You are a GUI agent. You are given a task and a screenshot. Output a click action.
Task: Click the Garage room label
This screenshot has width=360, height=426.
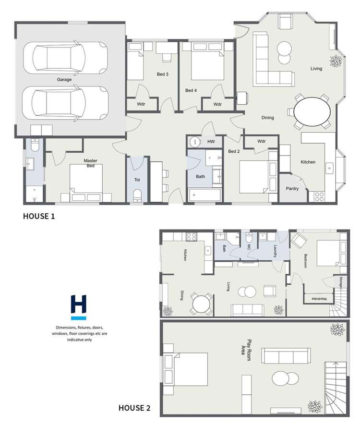tap(64, 79)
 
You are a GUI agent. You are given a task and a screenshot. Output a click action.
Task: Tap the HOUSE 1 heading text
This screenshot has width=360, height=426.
tap(39, 216)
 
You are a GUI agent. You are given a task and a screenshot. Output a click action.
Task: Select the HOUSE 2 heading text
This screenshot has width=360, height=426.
tap(134, 408)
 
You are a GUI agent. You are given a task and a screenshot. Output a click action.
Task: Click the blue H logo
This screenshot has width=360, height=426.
tap(78, 307)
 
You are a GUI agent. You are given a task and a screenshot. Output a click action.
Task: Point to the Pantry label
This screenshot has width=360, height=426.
tap(292, 189)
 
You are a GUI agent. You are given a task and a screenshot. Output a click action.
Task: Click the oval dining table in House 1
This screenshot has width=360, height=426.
tap(312, 111)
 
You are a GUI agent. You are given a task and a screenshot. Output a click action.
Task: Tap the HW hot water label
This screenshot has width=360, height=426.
tap(211, 142)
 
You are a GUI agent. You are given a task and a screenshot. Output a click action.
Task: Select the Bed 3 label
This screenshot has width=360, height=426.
tap(163, 74)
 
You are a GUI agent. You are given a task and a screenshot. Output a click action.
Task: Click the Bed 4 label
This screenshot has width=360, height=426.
tap(191, 90)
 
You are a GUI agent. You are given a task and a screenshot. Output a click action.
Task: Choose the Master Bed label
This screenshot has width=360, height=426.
tap(90, 163)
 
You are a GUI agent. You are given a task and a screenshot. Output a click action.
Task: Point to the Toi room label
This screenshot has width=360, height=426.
tap(137, 180)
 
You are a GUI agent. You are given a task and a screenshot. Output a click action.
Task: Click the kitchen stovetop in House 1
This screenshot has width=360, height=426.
tap(319, 196)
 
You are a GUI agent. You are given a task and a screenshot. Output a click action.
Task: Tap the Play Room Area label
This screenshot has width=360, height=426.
tap(246, 350)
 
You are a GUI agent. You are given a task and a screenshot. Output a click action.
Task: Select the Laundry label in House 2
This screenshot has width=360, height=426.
tap(276, 251)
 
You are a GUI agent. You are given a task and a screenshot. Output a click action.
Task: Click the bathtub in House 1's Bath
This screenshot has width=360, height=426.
tap(204, 195)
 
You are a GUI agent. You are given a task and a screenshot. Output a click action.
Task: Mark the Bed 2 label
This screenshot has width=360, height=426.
tap(234, 151)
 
